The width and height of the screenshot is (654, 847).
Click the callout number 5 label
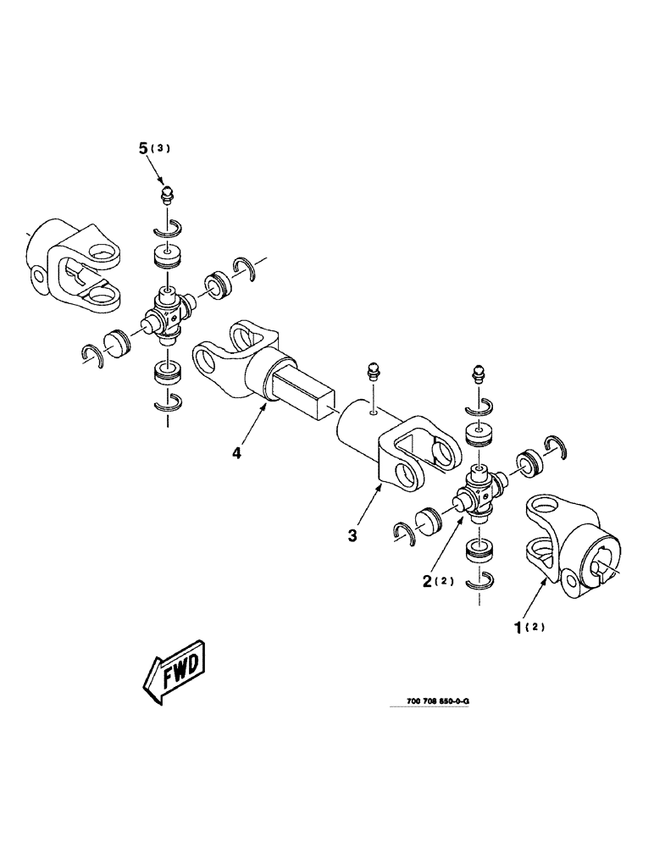[144, 148]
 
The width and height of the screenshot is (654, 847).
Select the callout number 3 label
[352, 535]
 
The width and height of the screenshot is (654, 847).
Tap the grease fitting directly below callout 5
[168, 196]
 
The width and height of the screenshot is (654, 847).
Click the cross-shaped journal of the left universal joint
[166, 313]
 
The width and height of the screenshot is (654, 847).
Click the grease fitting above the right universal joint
[477, 376]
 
